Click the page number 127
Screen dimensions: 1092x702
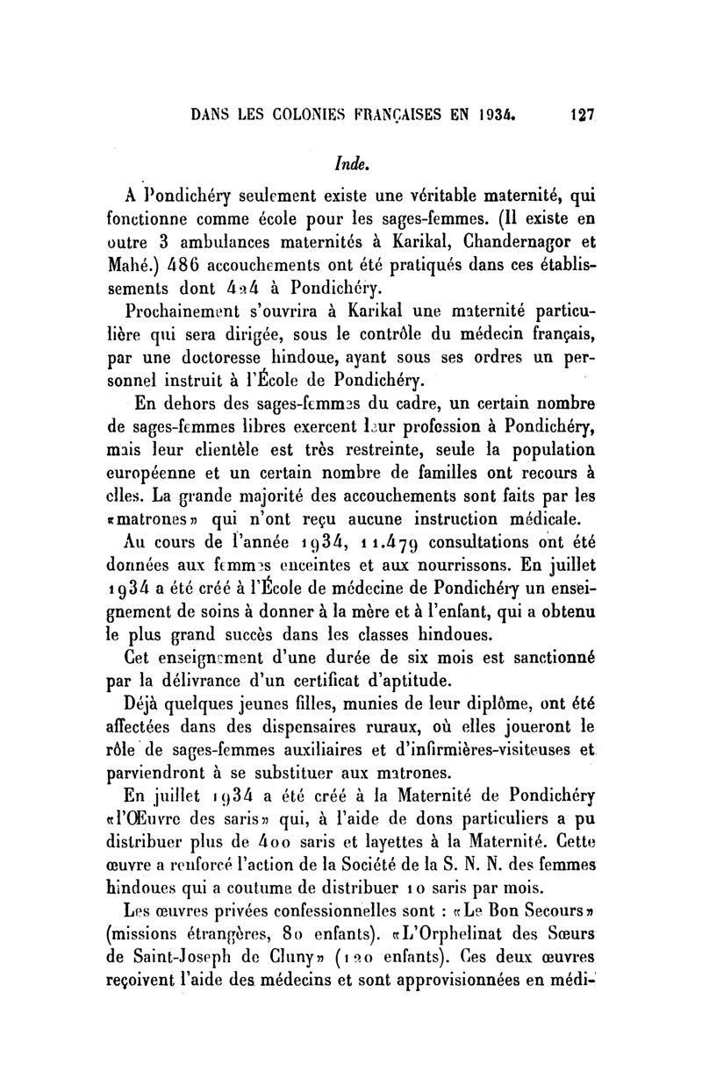(582, 114)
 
